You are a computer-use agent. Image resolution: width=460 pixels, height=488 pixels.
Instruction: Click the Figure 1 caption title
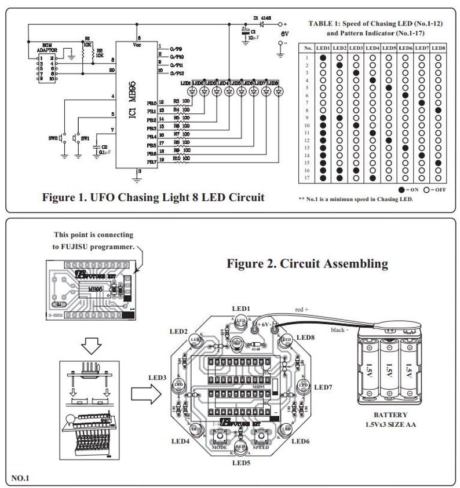tap(153, 197)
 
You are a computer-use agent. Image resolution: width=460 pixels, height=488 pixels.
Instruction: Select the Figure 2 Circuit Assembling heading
tap(307, 264)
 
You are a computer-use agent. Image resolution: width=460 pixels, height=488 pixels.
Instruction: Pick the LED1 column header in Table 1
tap(323, 48)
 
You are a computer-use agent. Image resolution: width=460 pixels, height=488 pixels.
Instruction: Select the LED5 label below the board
tap(240, 463)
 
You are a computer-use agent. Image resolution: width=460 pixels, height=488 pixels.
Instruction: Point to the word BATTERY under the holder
tap(390, 415)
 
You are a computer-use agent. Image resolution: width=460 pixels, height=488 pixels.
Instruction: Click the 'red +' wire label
tap(302, 310)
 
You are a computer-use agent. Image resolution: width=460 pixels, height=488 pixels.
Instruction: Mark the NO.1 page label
tap(21, 478)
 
